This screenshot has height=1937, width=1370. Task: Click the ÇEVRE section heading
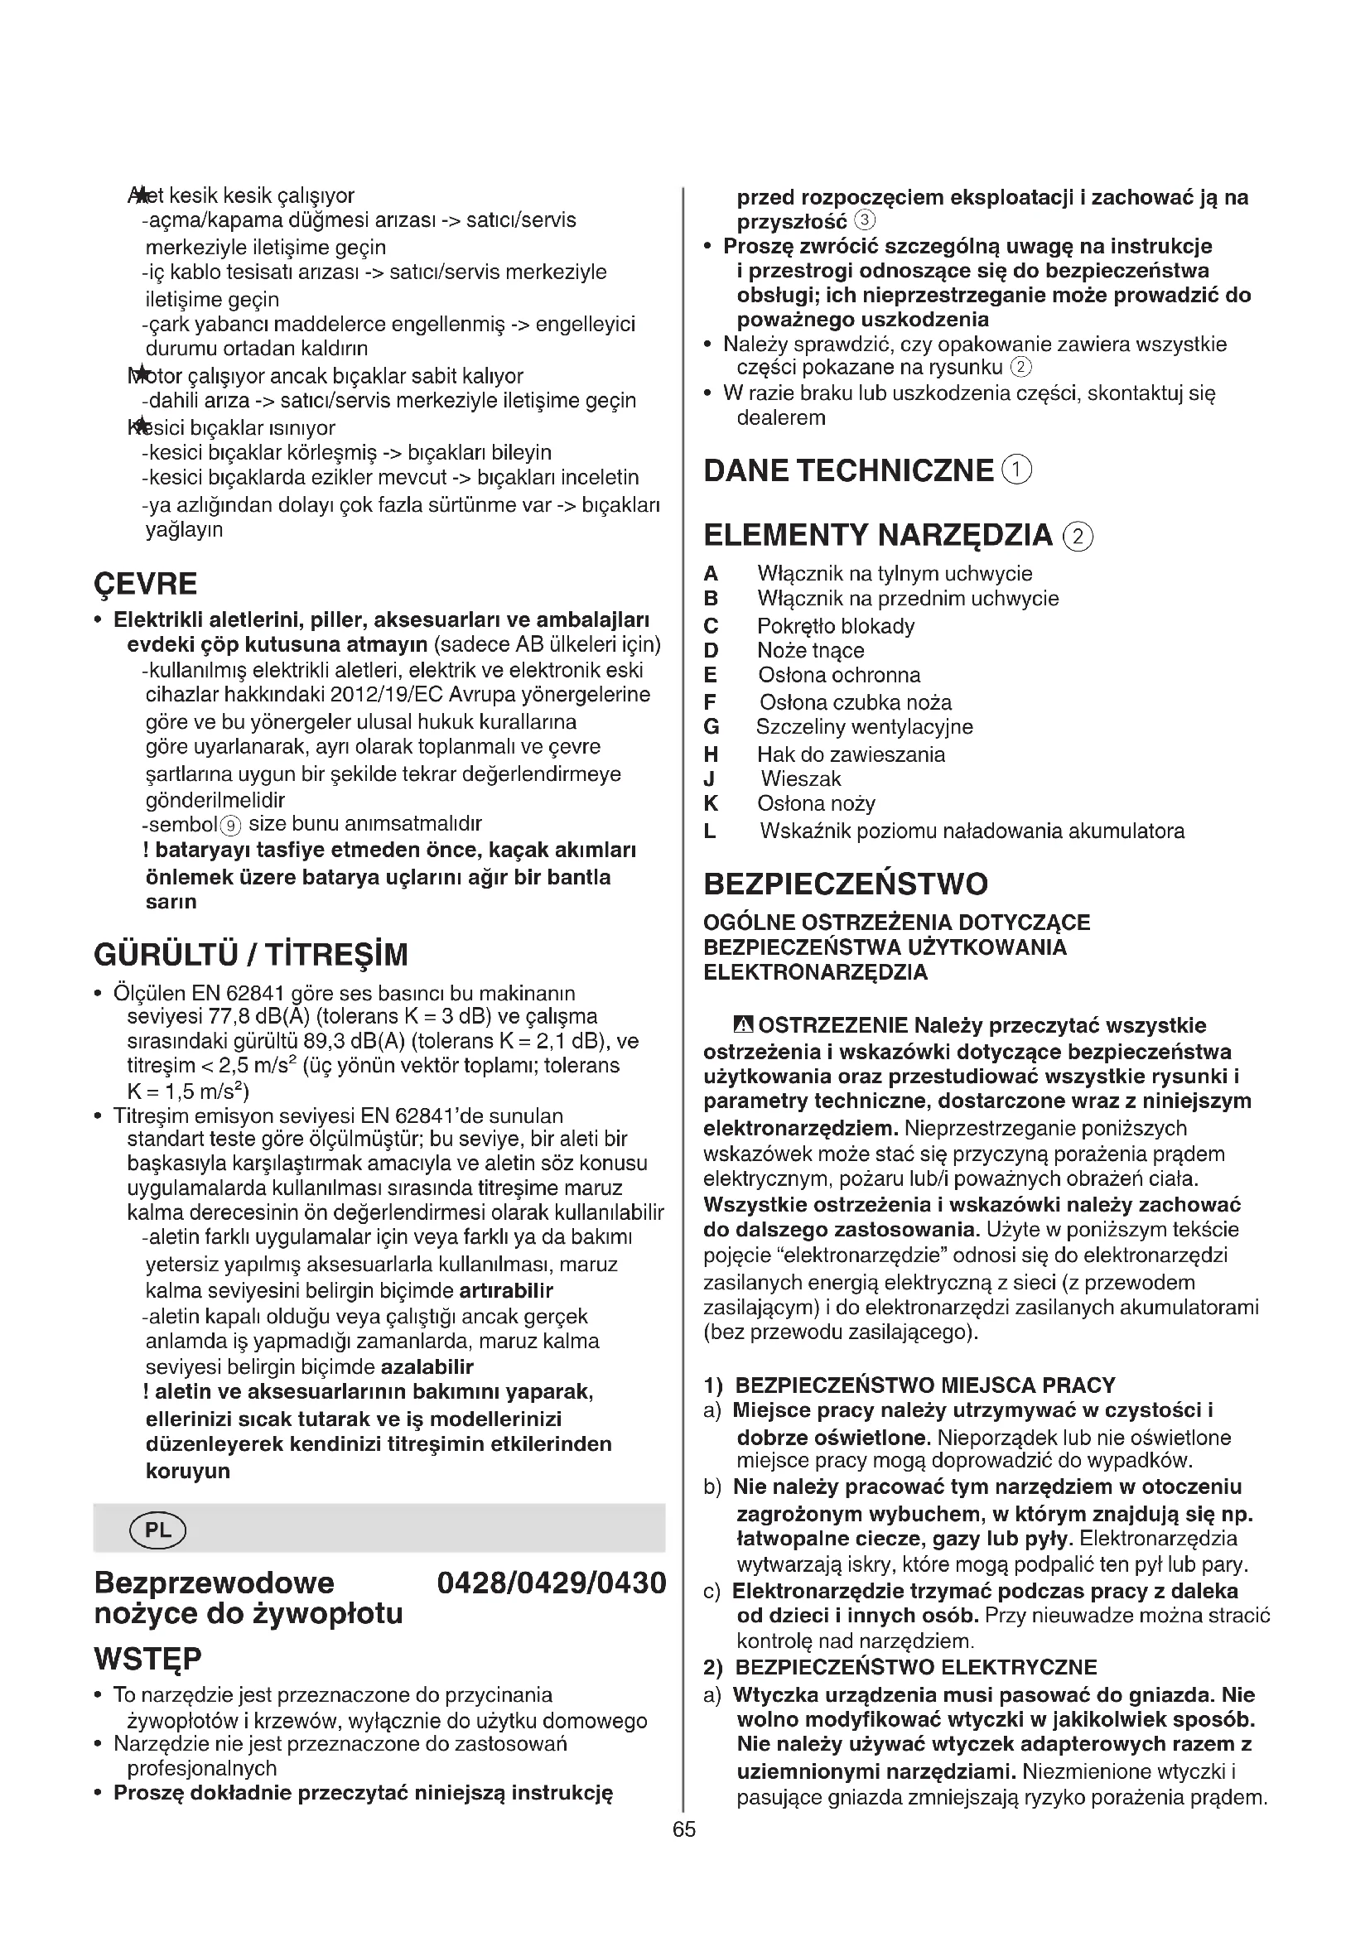146,584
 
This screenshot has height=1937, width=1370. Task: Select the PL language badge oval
157,1530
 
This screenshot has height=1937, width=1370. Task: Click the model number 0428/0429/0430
552,1583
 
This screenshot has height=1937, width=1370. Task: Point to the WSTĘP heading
148,1660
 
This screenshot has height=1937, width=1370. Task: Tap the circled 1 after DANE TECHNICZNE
1017,470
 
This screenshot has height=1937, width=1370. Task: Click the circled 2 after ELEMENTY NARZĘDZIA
1079,537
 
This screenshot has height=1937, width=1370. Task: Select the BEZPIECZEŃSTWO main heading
846,884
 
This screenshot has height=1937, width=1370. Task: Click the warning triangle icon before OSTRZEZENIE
743,1026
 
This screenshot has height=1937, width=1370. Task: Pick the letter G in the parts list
712,727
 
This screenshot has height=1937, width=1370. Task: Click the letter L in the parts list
711,831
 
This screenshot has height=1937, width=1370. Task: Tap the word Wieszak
801,778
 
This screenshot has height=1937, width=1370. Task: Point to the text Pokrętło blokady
835,626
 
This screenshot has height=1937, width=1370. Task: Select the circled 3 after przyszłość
866,222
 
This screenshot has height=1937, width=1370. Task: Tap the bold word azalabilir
427,1366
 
